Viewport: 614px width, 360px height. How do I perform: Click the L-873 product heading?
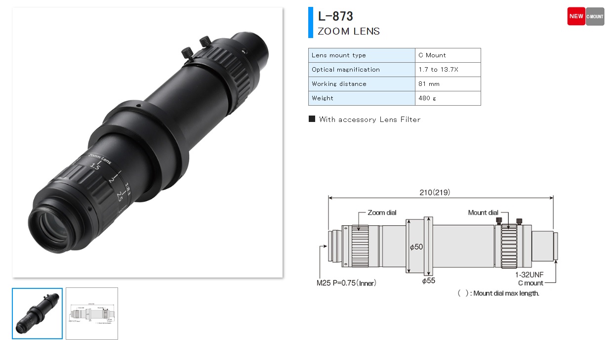335,16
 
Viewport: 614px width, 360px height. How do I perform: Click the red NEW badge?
576,16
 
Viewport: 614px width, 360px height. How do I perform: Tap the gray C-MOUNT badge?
595,16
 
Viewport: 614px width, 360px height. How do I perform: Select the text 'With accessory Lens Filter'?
369,120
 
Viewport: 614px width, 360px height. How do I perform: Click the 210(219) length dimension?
435,192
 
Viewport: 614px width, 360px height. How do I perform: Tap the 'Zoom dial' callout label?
382,213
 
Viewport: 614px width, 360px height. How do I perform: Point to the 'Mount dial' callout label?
483,213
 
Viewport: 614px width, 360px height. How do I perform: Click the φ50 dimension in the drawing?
416,246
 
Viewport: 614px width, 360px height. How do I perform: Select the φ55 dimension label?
428,281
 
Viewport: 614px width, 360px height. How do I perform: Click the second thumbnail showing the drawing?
92,314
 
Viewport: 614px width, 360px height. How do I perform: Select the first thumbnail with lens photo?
38,314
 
